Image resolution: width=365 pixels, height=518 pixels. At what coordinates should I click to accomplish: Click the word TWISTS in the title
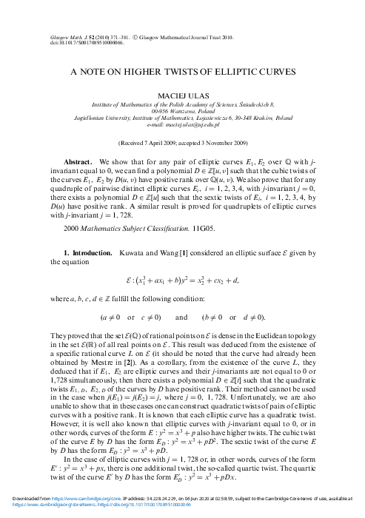pyautogui.click(x=191, y=73)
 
